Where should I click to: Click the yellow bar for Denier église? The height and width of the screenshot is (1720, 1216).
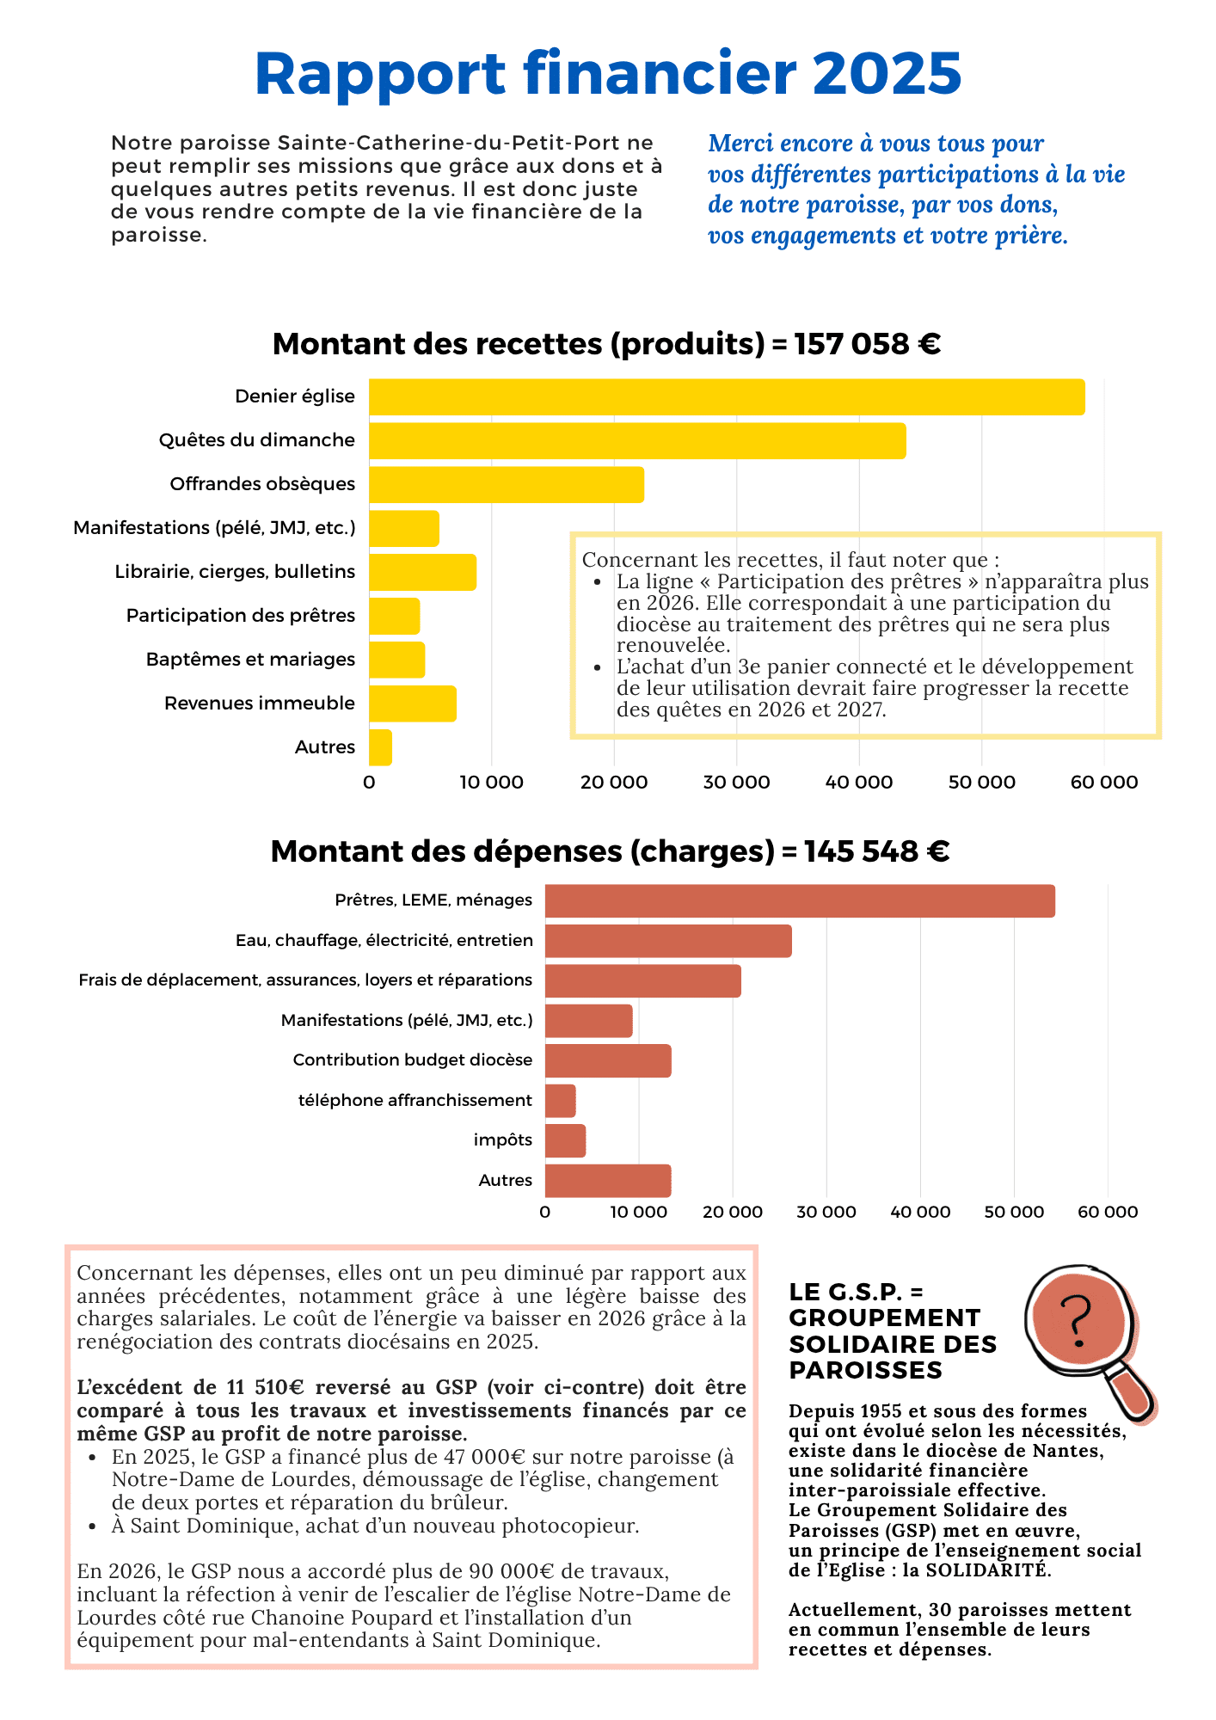pyautogui.click(x=727, y=396)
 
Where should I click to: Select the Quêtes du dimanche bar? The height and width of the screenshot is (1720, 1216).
pyautogui.click(x=637, y=440)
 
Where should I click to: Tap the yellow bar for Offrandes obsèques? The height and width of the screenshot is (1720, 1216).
pyautogui.click(x=507, y=484)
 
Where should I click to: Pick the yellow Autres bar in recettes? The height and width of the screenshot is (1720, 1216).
pyautogui.click(x=380, y=747)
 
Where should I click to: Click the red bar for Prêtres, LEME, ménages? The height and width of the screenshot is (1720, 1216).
pyautogui.click(x=800, y=900)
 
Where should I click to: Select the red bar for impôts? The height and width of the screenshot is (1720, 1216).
pyautogui.click(x=565, y=1140)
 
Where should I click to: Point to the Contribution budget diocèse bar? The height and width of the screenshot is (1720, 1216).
pyautogui.click(x=608, y=1060)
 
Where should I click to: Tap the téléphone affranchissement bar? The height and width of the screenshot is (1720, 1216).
pyautogui.click(x=560, y=1101)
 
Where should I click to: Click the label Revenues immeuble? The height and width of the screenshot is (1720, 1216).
pyautogui.click(x=260, y=703)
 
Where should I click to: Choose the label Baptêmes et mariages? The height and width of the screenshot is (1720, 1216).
pyautogui.click(x=250, y=660)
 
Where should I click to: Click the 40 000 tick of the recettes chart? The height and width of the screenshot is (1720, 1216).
pyautogui.click(x=859, y=783)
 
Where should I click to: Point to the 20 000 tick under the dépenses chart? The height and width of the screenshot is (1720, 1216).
pyautogui.click(x=733, y=1212)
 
